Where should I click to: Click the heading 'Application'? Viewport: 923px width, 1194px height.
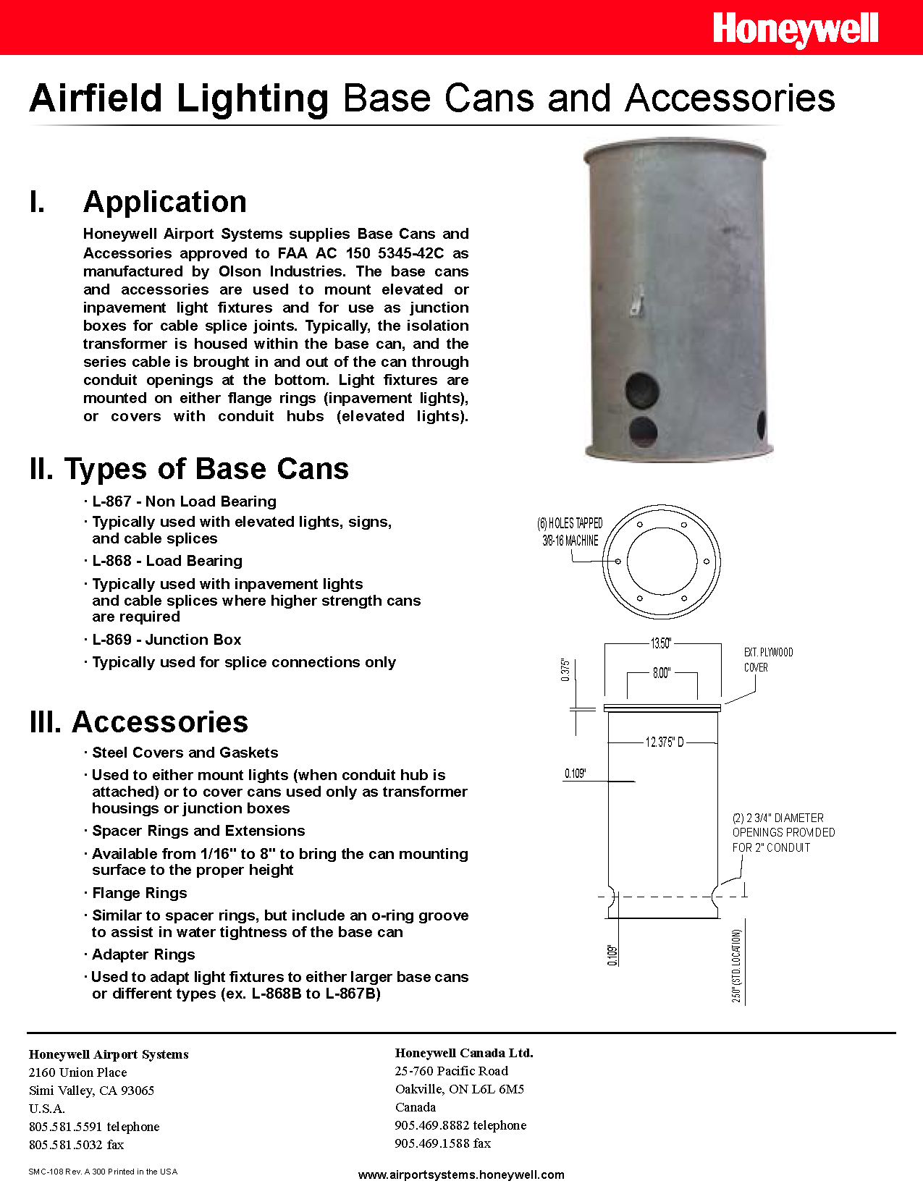tap(165, 202)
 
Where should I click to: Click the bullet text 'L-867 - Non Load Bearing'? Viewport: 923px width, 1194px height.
tap(184, 501)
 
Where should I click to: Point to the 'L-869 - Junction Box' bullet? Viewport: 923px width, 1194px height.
tap(167, 640)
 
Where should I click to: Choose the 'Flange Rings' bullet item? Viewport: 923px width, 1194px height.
tap(139, 893)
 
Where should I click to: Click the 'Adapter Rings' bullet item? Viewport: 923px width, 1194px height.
tap(143, 954)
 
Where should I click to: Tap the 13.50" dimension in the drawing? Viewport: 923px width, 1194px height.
tap(661, 643)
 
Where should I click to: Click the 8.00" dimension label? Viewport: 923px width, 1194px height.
tap(662, 673)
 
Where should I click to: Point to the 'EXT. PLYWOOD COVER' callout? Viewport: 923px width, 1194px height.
tap(768, 660)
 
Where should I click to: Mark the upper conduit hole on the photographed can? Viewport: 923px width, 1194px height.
tap(642, 390)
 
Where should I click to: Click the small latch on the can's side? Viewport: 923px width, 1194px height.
tap(637, 300)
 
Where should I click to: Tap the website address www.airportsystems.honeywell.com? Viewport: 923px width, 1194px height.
tap(461, 1174)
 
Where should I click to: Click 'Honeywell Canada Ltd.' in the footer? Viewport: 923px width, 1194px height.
tap(464, 1053)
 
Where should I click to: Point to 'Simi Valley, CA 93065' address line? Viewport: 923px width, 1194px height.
tap(91, 1091)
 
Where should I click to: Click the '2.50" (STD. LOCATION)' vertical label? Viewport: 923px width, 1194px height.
tap(737, 966)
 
